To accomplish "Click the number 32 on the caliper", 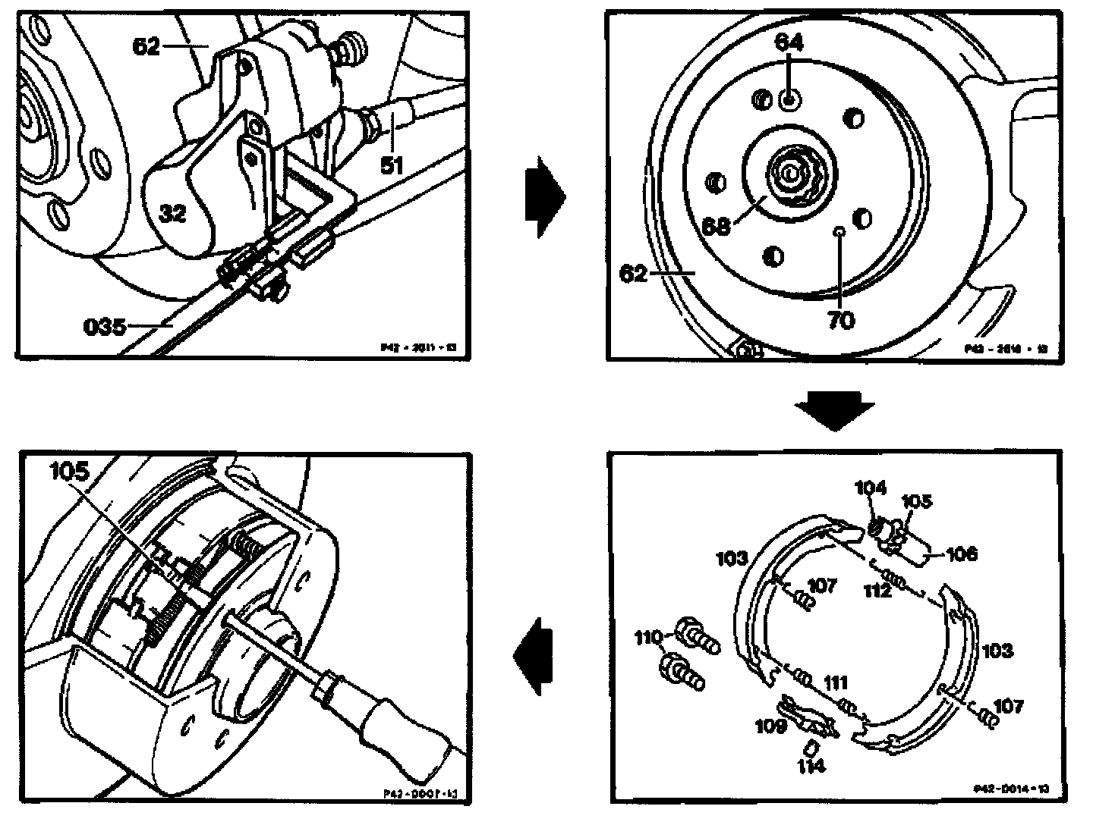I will click(173, 213).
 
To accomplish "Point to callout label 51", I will click(392, 164).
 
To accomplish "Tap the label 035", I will click(105, 328).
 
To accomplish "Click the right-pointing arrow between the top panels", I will click(545, 197).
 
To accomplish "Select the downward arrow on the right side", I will click(833, 409).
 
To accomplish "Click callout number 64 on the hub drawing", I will click(789, 44).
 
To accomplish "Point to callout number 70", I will click(840, 320).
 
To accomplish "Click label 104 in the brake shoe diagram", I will click(870, 488).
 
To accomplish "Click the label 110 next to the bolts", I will click(649, 638).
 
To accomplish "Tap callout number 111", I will click(835, 683).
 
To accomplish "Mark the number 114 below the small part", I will click(811, 766).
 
